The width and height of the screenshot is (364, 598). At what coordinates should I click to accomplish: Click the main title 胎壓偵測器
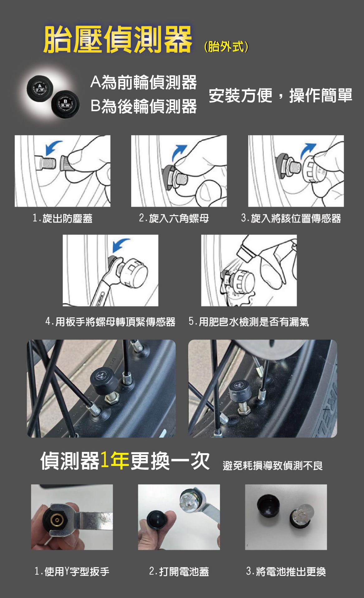click(118, 39)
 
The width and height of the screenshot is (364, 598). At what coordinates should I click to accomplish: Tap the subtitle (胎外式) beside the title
click(226, 47)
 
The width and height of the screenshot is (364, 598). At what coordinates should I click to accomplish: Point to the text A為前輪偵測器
click(144, 82)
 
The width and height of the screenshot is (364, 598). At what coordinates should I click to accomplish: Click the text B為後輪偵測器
click(144, 106)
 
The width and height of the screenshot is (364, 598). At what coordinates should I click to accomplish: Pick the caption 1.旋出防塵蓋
click(63, 218)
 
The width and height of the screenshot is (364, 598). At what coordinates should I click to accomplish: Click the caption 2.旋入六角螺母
click(174, 218)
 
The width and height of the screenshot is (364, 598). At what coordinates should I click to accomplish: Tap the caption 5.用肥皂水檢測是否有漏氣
click(249, 321)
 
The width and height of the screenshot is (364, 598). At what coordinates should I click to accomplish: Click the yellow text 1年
click(115, 460)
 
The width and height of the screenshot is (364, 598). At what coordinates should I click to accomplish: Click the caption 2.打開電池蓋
click(179, 571)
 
